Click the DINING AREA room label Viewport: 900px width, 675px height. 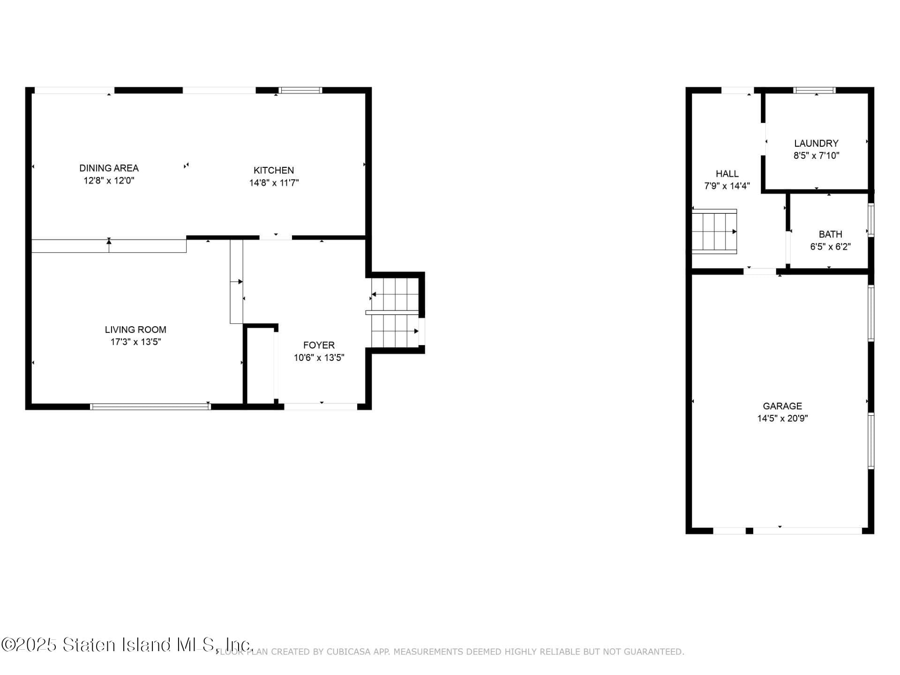[x=109, y=168]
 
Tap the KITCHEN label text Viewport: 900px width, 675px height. [x=274, y=170]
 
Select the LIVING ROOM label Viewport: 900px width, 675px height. [x=135, y=330]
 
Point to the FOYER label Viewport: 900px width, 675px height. [x=319, y=345]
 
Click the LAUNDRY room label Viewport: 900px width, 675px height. [x=816, y=143]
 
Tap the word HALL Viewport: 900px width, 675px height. [x=727, y=174]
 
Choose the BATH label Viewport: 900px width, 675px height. [x=830, y=234]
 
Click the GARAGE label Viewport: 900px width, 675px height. [x=782, y=406]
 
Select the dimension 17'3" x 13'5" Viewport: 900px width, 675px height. [x=135, y=342]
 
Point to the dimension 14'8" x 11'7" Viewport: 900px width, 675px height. [x=274, y=182]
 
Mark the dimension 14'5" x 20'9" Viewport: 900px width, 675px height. [x=782, y=418]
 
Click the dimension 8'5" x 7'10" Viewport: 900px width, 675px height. [x=816, y=156]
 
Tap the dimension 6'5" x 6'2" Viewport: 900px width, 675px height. [x=830, y=247]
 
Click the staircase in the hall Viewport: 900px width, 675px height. [x=714, y=232]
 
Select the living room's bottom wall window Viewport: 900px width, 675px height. [x=150, y=406]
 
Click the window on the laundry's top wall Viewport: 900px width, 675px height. [x=815, y=90]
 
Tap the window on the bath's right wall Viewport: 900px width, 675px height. [x=871, y=219]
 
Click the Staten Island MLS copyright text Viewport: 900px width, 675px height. [x=127, y=645]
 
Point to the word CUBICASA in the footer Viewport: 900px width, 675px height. [x=348, y=652]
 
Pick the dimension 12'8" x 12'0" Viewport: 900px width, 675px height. [x=109, y=180]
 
